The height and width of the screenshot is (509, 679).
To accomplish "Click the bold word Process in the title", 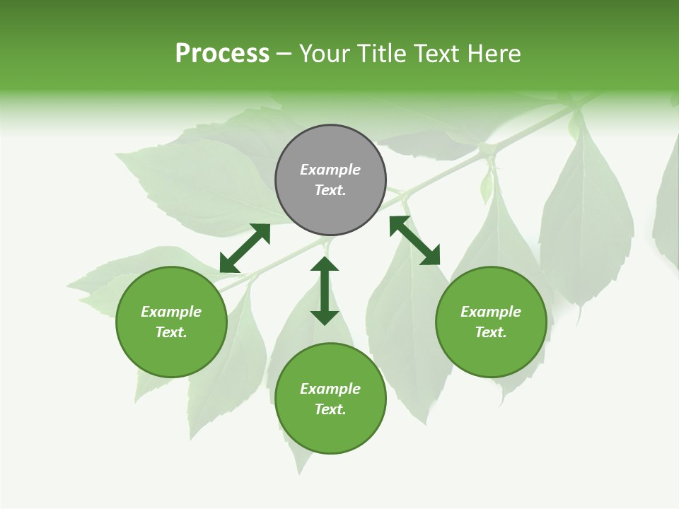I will click(222, 54).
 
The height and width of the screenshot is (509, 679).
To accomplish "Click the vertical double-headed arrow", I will click(325, 291).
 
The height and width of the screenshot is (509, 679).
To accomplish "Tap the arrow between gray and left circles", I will click(245, 248).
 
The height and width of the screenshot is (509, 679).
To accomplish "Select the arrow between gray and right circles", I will click(414, 240).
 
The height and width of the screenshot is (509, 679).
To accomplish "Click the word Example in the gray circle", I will click(330, 170).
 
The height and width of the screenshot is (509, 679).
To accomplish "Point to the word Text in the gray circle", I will click(330, 190).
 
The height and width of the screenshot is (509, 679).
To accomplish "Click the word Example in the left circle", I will click(171, 312).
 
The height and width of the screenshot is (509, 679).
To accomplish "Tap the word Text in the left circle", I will click(171, 332).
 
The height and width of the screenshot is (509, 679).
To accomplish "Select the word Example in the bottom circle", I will click(330, 389).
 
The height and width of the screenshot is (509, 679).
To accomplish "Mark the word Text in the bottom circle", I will click(330, 409).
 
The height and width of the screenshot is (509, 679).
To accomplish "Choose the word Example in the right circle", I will click(491, 312).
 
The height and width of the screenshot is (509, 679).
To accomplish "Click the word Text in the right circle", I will click(491, 332).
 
